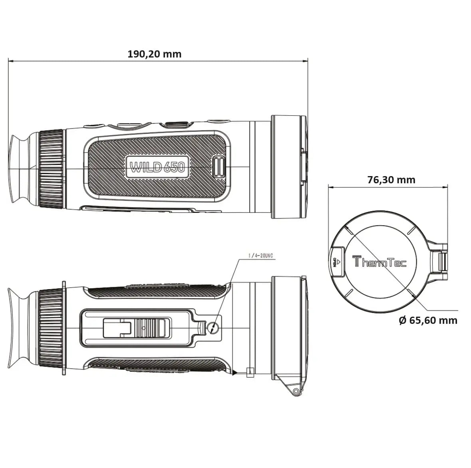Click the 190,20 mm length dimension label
pyautogui.click(x=154, y=54)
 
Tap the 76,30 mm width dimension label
pyautogui.click(x=391, y=180)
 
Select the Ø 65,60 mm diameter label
pyautogui.click(x=428, y=320)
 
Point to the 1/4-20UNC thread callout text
pyautogui.click(x=260, y=256)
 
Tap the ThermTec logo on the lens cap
pyautogui.click(x=379, y=262)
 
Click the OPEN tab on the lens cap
pyautogui.click(x=336, y=262)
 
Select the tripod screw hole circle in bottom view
pyautogui.click(x=213, y=328)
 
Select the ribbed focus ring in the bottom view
pyautogui.click(x=51, y=327)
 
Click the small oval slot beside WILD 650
pyautogui.click(x=219, y=167)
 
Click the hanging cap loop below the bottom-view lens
pyautogui.click(x=295, y=391)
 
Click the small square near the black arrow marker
pyautogui.click(x=250, y=372)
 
